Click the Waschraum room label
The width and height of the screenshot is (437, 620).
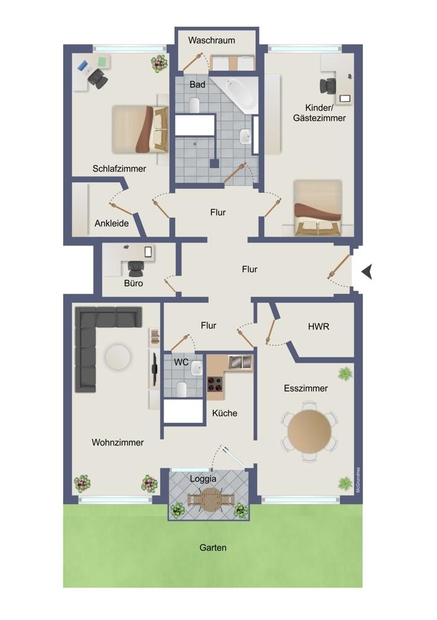212,40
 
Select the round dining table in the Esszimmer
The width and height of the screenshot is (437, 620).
309,432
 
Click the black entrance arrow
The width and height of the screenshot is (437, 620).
367,272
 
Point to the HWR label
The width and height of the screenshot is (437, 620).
319,327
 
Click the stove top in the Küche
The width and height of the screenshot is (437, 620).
215,384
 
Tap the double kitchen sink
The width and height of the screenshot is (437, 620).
240,361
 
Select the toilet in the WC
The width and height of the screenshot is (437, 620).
182,389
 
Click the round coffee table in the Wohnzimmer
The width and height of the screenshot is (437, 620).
118,356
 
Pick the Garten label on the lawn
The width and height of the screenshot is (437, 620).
213,547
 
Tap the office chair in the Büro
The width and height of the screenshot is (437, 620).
136,269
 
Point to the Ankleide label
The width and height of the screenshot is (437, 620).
111,223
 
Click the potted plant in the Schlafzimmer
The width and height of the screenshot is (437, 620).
158,63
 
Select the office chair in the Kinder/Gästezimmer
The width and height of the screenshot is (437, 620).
327,86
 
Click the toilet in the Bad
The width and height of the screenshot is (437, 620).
194,105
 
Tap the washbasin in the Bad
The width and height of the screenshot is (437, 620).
245,136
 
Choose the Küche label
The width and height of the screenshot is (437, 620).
225,413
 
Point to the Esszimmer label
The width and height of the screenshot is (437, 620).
306,388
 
